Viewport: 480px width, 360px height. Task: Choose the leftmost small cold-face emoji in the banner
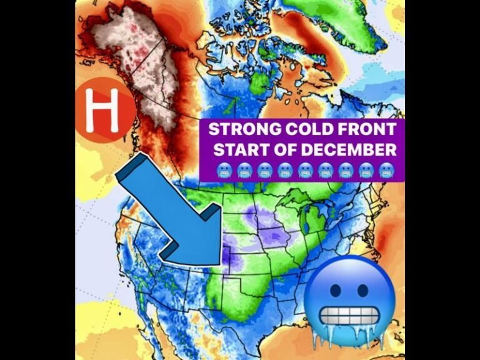coord(224,169)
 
